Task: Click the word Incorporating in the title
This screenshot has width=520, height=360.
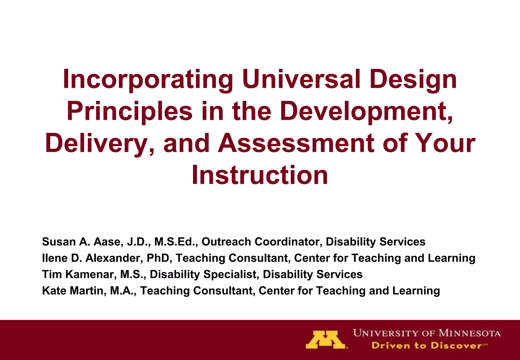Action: (x=148, y=79)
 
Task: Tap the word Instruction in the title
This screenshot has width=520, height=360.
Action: (x=260, y=175)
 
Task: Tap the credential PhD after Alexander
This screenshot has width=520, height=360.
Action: (x=158, y=258)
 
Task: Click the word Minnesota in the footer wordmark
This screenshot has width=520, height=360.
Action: (x=470, y=333)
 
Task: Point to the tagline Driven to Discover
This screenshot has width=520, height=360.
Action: (x=427, y=346)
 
